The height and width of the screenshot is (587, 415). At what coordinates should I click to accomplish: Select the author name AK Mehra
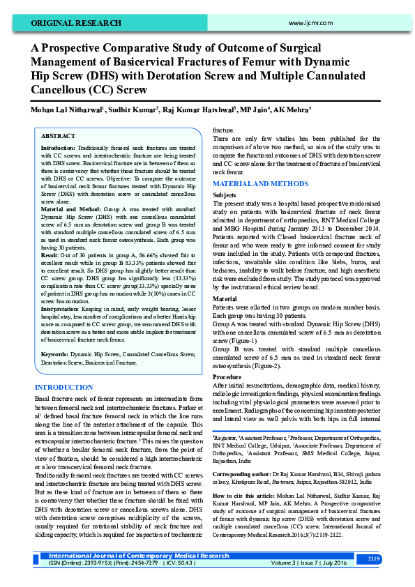click(x=292, y=109)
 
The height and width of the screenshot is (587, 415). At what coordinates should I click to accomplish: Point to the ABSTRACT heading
click(x=58, y=136)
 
